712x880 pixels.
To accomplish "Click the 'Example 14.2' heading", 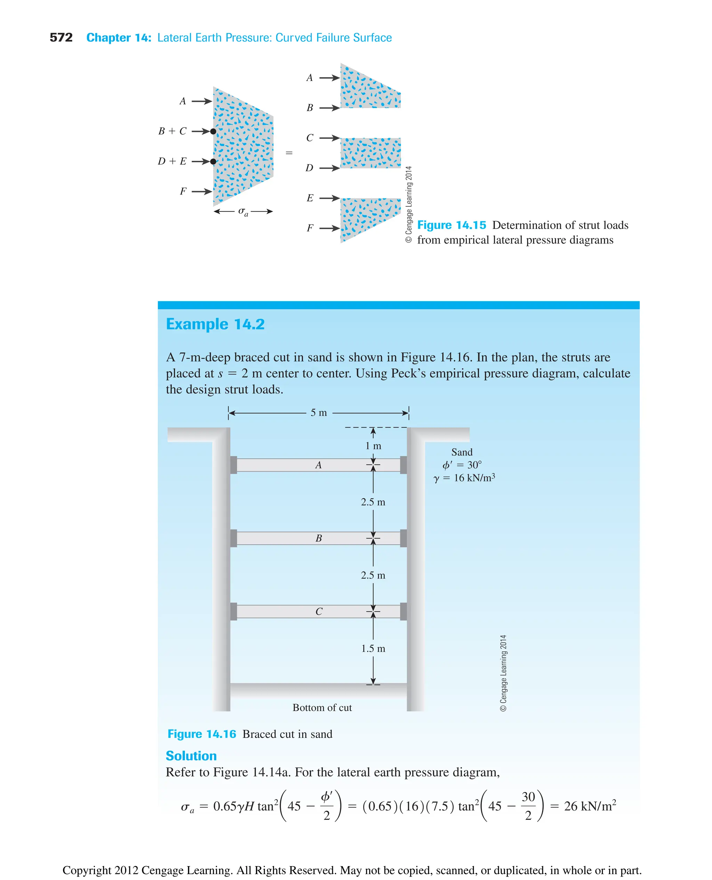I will pos(215,324).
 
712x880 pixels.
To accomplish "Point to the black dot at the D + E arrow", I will pos(213,162).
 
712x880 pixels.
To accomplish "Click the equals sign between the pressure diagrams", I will pos(289,153).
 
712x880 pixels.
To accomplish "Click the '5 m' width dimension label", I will pos(319,413).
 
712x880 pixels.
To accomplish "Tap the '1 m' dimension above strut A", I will pos(373,446).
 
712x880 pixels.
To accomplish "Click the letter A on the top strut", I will pos(318,465).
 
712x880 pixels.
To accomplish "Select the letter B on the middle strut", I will pos(319,538).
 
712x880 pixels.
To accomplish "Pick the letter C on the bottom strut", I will pos(319,611).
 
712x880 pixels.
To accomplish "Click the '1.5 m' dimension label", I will pos(373,648).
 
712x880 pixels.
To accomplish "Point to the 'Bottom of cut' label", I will pos(322,707).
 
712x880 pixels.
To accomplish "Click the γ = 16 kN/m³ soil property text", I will pos(464,478).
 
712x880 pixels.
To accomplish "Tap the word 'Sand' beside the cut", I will pos(462,452).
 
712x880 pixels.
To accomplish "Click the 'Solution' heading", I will pos(191,756).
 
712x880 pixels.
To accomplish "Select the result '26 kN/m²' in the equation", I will pos(590,806).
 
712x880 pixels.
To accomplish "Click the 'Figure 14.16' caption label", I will pos(202,734).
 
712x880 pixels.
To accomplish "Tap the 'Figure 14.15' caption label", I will pos(452,225).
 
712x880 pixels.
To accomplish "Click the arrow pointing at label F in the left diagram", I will pos(202,191).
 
